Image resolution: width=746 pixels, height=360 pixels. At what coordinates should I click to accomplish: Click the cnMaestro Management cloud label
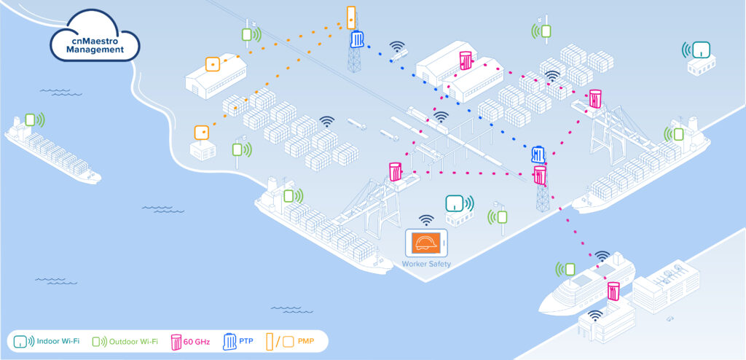tap(95, 44)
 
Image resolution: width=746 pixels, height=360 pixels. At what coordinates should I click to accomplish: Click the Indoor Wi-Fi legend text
tap(59, 341)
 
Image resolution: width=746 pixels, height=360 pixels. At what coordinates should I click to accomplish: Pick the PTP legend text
tap(246, 342)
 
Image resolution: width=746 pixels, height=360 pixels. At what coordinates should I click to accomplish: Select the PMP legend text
tap(306, 342)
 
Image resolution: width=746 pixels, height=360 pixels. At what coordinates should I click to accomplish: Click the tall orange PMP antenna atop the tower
tap(351, 17)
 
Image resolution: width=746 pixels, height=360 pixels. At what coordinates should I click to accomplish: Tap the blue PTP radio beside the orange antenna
tap(357, 39)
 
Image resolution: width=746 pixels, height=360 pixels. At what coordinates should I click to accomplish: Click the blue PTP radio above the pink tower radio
tap(538, 154)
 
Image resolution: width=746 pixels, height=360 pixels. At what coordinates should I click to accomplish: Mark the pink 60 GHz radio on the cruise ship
tap(613, 291)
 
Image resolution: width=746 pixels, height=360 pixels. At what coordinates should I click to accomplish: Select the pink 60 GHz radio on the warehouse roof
tap(466, 60)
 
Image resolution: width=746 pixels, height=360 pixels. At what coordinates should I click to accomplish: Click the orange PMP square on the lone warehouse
tap(213, 64)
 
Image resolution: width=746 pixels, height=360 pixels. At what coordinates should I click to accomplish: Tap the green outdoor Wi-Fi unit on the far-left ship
tap(31, 120)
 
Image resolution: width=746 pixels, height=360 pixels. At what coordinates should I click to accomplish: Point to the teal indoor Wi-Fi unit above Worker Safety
tap(455, 204)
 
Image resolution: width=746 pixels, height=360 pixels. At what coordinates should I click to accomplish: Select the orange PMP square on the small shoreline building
tap(202, 133)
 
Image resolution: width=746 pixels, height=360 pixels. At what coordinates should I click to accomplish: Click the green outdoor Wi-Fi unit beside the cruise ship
tap(570, 270)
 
